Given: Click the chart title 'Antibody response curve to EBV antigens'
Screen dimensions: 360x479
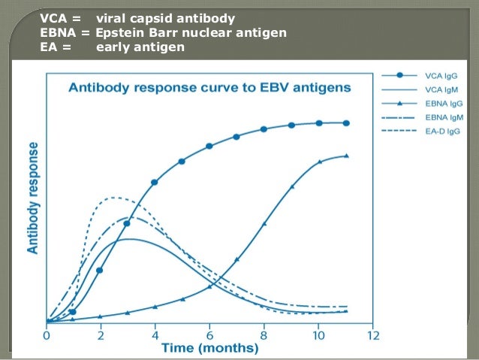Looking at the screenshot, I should coord(209,87).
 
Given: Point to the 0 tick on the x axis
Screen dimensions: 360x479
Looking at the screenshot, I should coord(47,336).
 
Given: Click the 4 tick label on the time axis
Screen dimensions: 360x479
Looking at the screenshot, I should coord(155,336).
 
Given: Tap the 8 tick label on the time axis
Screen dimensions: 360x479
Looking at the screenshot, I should coord(264,336).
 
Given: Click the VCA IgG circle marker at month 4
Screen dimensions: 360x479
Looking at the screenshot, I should coord(155,182).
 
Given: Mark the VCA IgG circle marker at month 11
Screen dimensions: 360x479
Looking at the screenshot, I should coord(345,123).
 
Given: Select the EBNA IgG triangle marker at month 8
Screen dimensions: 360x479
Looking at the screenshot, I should coord(264,224).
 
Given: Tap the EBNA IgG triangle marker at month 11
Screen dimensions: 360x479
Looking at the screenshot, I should coord(345,156).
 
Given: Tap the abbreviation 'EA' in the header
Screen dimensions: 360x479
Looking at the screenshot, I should coord(48,48).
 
